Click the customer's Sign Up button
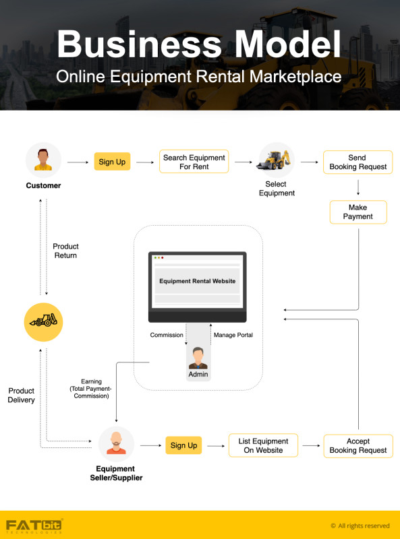[112, 162]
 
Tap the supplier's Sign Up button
[183, 445]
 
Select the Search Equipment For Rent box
[194, 162]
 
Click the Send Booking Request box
[358, 162]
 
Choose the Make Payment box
[358, 212]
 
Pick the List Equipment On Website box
[263, 445]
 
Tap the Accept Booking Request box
[358, 446]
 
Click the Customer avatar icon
[43, 160]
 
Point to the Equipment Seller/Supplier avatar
[116, 444]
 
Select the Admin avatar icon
[198, 358]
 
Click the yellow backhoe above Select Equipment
[275, 160]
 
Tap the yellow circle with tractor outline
[43, 322]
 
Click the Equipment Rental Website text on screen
[197, 281]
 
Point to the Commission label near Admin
[167, 335]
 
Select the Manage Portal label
[233, 335]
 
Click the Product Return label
[65, 251]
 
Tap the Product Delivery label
[22, 395]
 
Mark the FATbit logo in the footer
[34, 526]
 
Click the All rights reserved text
[360, 526]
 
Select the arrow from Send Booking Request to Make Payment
[358, 187]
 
